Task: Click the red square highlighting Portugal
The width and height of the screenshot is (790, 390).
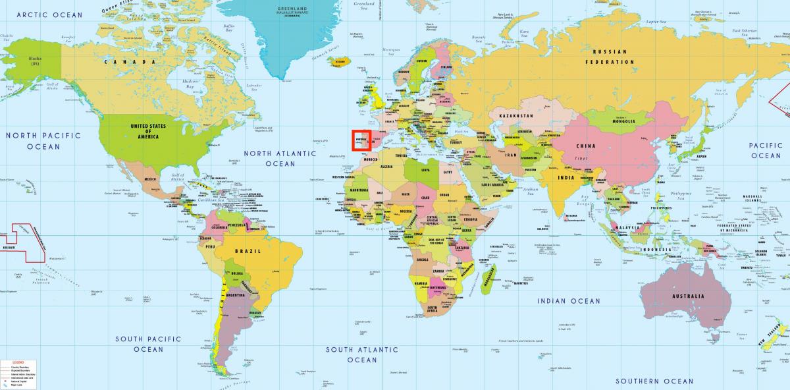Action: [361, 140]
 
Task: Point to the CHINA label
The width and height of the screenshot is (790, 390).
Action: [586, 146]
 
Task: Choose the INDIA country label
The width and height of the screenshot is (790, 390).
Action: [566, 177]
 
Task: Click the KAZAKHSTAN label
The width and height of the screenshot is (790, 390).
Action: [515, 116]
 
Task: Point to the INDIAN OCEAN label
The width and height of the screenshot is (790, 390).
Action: [569, 301]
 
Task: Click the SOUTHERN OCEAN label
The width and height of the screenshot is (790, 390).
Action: [654, 381]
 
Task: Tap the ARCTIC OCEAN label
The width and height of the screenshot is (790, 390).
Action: [49, 14]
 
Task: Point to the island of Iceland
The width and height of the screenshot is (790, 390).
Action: [340, 63]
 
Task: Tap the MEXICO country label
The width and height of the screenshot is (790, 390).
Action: [151, 179]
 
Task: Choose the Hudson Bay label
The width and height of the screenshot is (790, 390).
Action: [190, 84]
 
